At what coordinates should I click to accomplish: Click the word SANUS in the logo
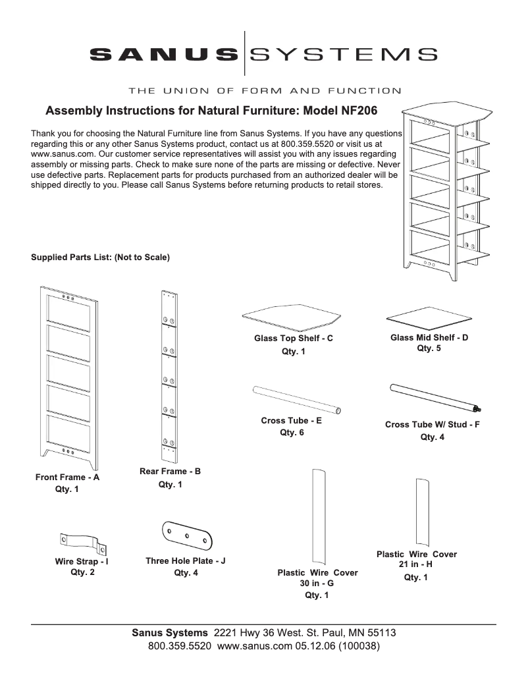pyautogui.click(x=163, y=53)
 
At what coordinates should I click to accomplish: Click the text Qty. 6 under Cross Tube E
pyautogui.click(x=292, y=433)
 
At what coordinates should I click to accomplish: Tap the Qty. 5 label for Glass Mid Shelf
pyautogui.click(x=429, y=348)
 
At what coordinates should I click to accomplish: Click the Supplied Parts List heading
pyautogui.click(x=100, y=258)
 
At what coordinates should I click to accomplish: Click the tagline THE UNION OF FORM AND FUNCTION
pyautogui.click(x=263, y=90)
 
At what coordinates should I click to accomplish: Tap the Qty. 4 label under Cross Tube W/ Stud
pyautogui.click(x=433, y=437)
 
